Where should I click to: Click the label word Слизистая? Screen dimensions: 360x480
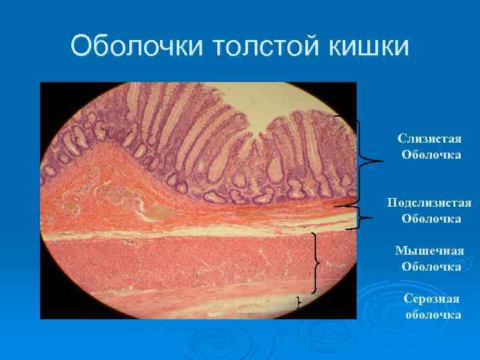click(x=429, y=138)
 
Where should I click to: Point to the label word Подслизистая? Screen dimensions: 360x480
click(x=430, y=202)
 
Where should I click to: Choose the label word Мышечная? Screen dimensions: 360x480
click(x=430, y=251)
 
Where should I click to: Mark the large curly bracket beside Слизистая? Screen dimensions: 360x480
click(x=364, y=161)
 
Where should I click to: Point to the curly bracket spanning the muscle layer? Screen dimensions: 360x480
click(x=315, y=263)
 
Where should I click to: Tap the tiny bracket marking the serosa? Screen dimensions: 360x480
click(x=299, y=303)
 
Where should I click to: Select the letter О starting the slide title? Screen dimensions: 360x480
click(x=81, y=47)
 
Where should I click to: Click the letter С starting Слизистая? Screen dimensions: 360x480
click(x=401, y=139)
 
